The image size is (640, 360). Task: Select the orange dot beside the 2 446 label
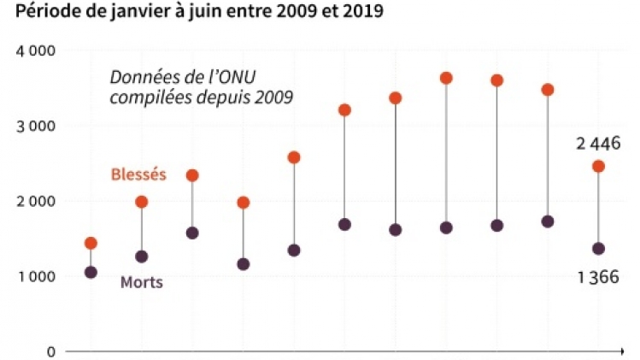(598, 166)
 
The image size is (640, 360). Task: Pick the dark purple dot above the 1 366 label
(598, 249)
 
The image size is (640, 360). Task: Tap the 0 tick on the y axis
(50, 352)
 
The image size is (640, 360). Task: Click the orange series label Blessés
(138, 174)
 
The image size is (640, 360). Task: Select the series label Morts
(141, 282)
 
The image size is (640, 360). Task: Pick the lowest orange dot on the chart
(91, 244)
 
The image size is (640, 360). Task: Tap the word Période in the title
(35, 11)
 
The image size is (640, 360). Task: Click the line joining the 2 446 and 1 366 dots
(598, 208)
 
